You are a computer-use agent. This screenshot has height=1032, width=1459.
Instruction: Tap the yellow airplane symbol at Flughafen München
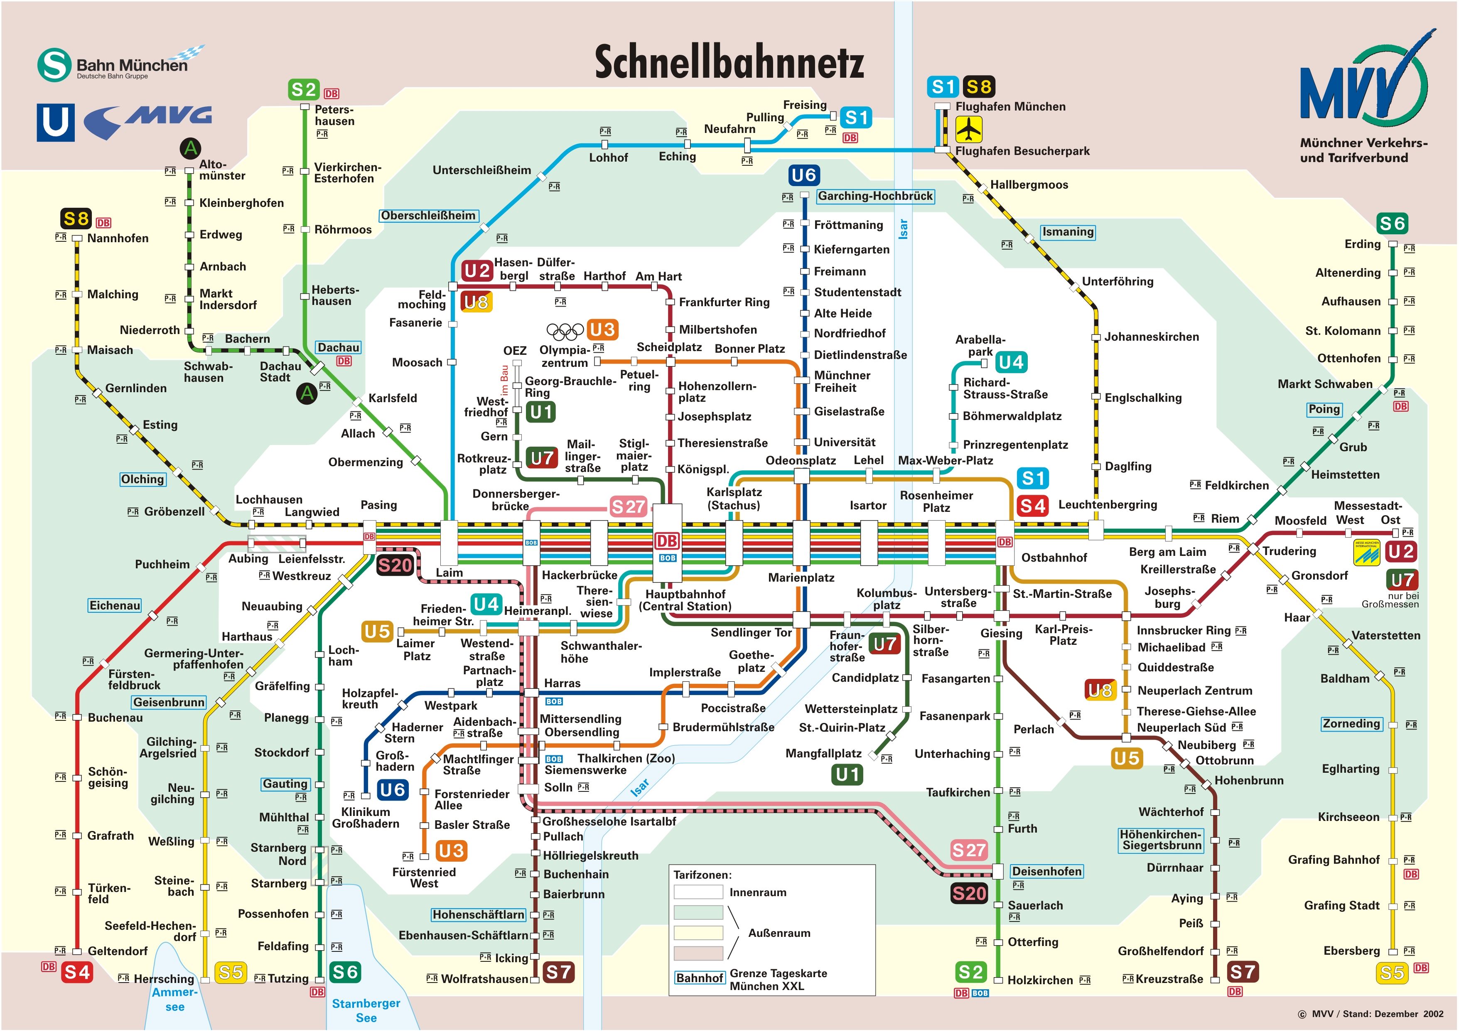tap(968, 130)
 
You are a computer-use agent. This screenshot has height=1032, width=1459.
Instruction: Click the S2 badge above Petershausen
tap(304, 90)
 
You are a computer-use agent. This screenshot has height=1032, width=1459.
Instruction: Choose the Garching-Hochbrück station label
tap(875, 196)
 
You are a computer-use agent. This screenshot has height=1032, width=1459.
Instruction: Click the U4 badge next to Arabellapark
tap(1011, 362)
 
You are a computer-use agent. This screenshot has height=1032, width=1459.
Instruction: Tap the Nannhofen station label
tap(118, 238)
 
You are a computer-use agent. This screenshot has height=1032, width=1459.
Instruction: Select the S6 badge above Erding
tap(1392, 224)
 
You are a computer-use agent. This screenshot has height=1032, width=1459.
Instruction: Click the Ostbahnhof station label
tap(1054, 557)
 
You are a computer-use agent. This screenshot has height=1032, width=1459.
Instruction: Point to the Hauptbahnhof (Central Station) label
tap(685, 600)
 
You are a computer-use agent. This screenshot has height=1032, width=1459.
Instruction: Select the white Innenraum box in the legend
tap(698, 892)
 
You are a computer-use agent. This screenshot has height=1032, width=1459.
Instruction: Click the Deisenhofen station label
tap(1046, 871)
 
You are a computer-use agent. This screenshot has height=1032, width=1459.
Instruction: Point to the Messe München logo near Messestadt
tap(1367, 552)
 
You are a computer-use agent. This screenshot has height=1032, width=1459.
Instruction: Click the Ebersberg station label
tap(1351, 951)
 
